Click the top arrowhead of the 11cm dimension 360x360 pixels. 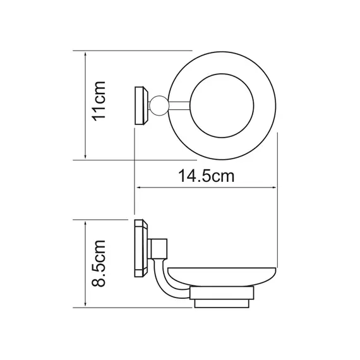(x=86, y=54)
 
